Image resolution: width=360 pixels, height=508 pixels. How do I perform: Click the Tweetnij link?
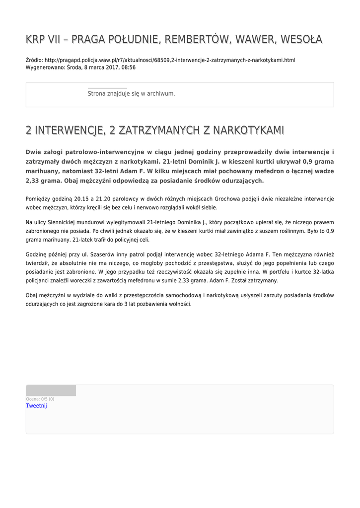click(x=36, y=406)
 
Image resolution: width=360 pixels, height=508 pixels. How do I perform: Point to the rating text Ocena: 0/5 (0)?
click(x=40, y=399)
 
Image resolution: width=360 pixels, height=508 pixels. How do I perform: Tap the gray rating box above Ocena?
click(x=51, y=390)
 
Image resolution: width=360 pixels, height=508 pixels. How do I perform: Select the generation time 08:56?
click(x=129, y=67)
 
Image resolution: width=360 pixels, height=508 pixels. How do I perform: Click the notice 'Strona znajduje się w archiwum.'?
click(x=131, y=93)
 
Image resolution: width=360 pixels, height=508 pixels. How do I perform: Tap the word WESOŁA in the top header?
click(x=301, y=39)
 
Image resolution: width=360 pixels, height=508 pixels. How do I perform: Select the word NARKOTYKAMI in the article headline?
click(x=248, y=130)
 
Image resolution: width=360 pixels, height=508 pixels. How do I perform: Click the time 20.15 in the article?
click(x=81, y=199)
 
